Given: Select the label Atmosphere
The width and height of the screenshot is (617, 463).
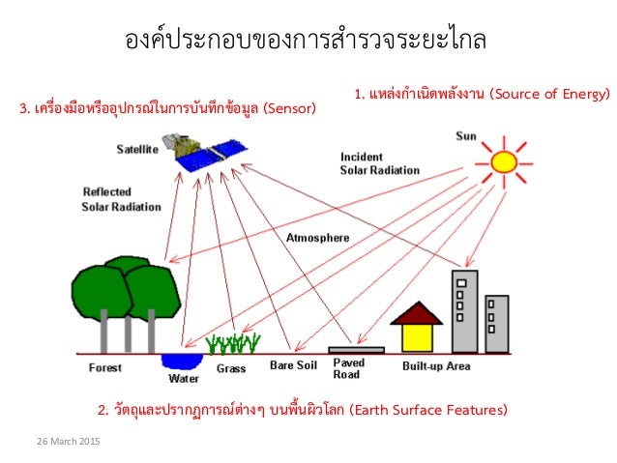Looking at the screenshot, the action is [318, 237].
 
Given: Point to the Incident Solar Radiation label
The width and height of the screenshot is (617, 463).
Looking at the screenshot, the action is [379, 162].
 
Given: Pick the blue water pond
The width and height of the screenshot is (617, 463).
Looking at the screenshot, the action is [181, 360].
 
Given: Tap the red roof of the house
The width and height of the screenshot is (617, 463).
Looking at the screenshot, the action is [417, 313].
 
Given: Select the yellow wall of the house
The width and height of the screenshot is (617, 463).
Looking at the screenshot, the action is [417, 335].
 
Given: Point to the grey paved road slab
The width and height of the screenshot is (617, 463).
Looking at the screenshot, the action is [356, 349].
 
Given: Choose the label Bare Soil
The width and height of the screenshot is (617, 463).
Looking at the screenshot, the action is [292, 366].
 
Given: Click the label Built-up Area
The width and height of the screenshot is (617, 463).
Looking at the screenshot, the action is [436, 366].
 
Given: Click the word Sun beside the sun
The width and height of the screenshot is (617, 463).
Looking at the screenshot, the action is [466, 136].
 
